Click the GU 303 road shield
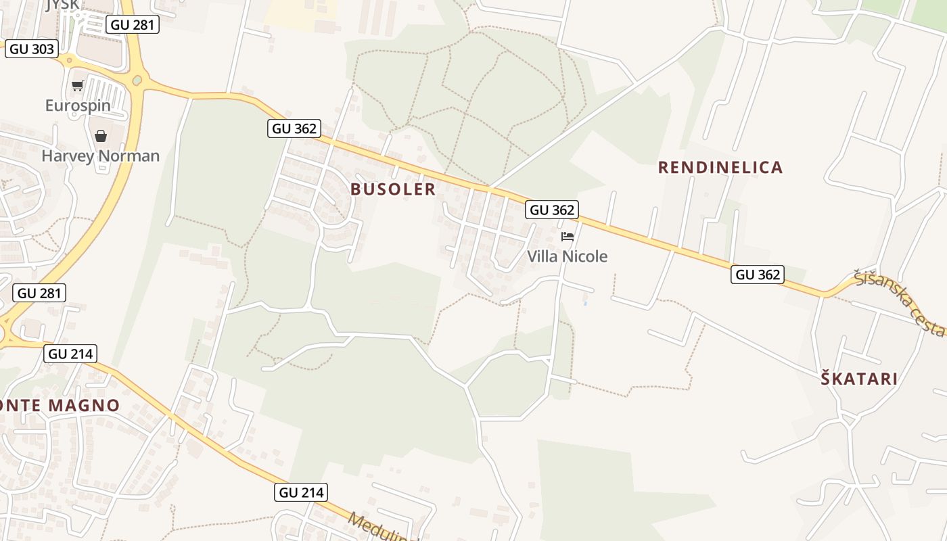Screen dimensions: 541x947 (32, 49)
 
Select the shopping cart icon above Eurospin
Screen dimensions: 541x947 (77, 86)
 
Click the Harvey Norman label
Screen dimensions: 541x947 (101, 156)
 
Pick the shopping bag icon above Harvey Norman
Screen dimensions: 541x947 (101, 136)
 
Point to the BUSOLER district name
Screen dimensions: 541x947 (393, 189)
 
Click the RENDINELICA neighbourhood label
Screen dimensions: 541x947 (720, 168)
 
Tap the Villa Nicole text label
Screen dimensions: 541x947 (567, 256)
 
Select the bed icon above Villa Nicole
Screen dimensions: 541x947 (568, 237)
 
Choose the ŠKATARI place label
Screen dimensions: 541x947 (859, 379)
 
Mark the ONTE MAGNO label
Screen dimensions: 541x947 (60, 406)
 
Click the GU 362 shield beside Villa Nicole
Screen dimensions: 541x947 (552, 210)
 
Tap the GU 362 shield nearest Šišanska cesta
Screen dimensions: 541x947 (758, 275)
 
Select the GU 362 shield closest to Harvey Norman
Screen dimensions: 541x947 (294, 128)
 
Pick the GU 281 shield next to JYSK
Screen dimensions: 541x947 (133, 25)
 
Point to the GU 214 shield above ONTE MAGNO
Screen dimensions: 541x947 (70, 354)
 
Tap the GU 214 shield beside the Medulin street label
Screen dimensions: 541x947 (302, 492)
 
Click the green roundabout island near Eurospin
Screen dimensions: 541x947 (138, 80)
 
